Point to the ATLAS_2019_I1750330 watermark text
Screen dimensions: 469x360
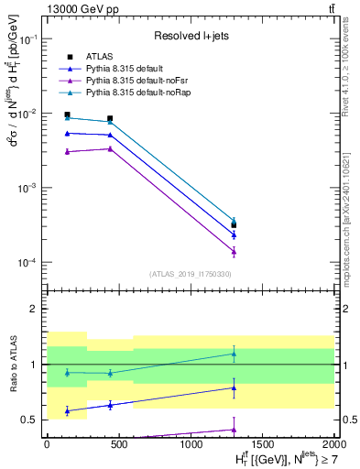pos(191,274)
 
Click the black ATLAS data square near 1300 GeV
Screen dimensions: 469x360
pos(234,224)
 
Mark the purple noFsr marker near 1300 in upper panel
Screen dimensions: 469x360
pos(234,251)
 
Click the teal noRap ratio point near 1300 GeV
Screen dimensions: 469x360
pos(234,354)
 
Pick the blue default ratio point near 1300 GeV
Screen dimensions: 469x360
pos(234,387)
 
